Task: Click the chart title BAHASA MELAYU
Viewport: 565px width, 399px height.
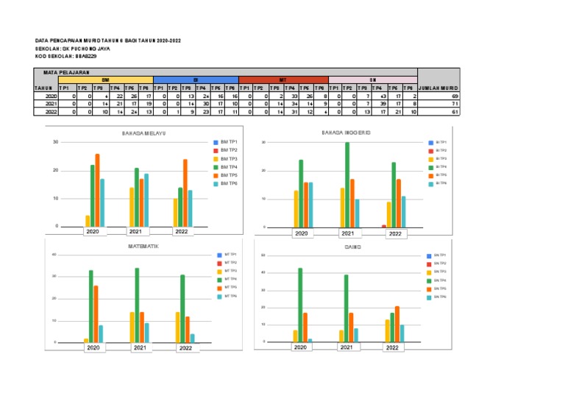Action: (143, 133)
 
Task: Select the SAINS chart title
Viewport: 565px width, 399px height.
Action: (352, 247)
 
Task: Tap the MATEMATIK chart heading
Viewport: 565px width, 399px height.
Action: (143, 246)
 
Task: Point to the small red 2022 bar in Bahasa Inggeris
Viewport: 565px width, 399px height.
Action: (383, 226)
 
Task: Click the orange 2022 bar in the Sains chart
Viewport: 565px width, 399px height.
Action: (398, 324)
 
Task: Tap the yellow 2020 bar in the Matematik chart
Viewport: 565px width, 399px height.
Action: (86, 340)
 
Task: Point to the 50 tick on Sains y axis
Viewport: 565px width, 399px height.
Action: (263, 255)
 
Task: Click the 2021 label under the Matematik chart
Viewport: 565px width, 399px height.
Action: (140, 347)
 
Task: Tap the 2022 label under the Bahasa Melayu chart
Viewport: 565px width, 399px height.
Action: (182, 231)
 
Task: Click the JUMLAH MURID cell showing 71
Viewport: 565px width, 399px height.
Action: (439, 105)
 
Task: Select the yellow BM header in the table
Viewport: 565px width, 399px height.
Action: (106, 80)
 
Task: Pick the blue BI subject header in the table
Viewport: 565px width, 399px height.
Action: (196, 80)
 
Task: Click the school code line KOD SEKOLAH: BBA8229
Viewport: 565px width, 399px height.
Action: (66, 56)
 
